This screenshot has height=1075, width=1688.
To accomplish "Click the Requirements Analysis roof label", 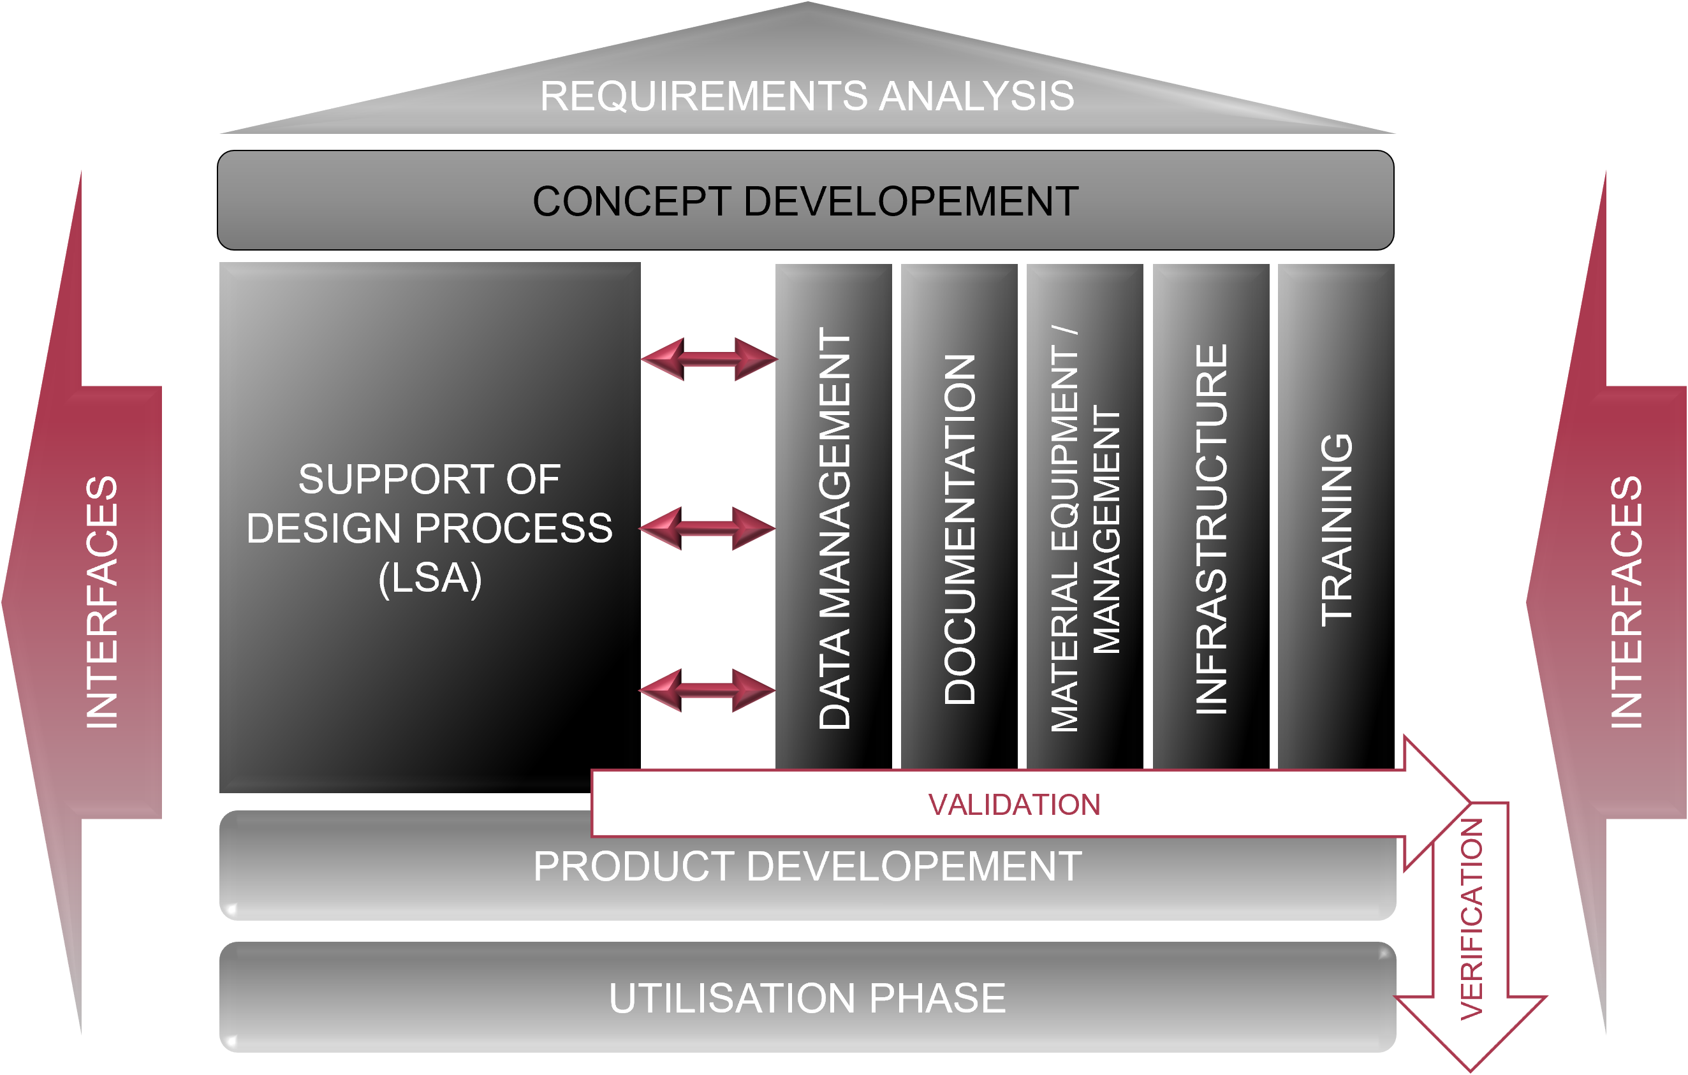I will [x=806, y=96].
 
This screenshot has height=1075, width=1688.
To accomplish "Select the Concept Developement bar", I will [x=805, y=201].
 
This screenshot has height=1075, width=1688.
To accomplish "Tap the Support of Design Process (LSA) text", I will [x=429, y=528].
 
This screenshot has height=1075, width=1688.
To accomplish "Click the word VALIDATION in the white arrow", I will [x=1014, y=805].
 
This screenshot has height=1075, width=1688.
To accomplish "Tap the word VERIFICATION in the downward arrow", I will [x=1471, y=919].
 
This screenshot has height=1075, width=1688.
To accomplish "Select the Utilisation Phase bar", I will [x=807, y=998].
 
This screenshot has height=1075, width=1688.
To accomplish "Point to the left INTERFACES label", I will [x=101, y=602].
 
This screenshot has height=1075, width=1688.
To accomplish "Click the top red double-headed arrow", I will [x=708, y=359].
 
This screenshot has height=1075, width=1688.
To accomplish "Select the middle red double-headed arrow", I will [x=707, y=529].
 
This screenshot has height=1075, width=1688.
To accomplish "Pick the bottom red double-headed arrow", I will [x=707, y=691].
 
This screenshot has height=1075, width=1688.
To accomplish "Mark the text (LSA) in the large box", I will [x=430, y=579].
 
